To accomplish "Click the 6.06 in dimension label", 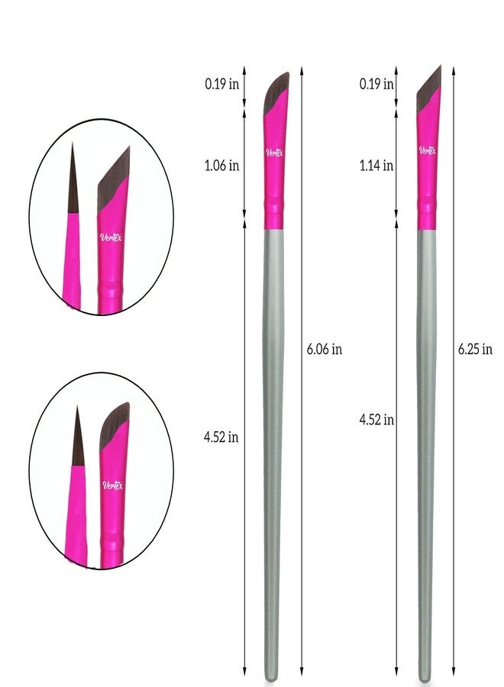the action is pos(324,349).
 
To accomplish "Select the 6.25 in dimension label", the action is pos(475,349).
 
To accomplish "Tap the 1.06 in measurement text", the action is pos(221,166).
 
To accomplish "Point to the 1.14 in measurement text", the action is pos(376,166).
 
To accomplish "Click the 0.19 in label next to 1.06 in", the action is pos(221,84).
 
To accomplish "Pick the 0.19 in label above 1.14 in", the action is pos(376,84).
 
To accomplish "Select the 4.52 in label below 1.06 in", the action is pos(221,437).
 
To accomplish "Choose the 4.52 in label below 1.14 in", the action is pos(376,420).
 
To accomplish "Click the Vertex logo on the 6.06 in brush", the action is pos(274,153).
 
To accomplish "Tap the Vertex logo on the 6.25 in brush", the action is pos(428,150).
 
